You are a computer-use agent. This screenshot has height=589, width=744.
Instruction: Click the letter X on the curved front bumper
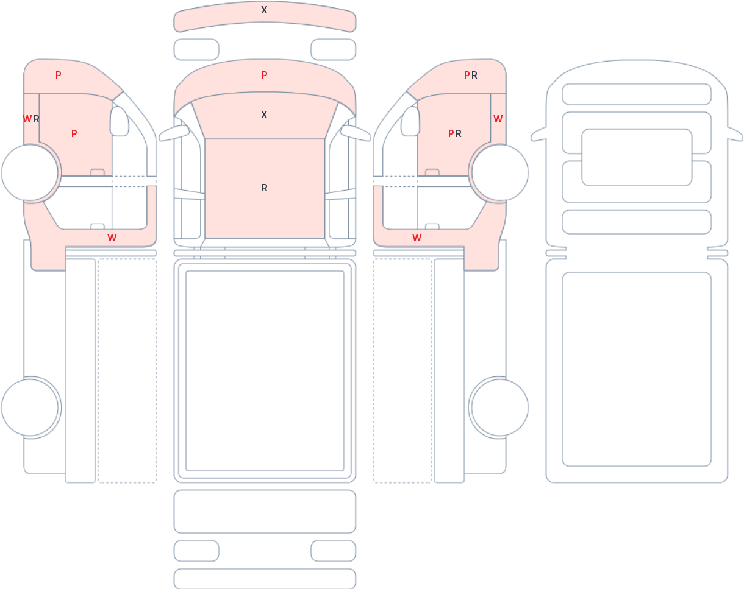(x=264, y=10)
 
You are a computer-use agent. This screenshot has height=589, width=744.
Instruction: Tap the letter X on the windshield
(x=264, y=115)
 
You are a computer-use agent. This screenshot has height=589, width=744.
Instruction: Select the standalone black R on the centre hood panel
(x=265, y=188)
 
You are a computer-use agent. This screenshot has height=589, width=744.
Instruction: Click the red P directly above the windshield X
(x=265, y=75)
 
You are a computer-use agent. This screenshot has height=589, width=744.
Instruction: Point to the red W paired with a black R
(x=27, y=119)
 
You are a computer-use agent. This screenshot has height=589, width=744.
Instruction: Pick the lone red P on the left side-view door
(x=74, y=133)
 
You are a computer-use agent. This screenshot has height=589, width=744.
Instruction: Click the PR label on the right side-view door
(x=454, y=133)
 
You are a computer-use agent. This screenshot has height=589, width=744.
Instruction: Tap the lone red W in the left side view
(x=112, y=238)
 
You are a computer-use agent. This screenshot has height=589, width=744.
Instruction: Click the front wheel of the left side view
(x=30, y=172)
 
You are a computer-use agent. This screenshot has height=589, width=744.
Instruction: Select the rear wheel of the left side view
(x=30, y=407)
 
